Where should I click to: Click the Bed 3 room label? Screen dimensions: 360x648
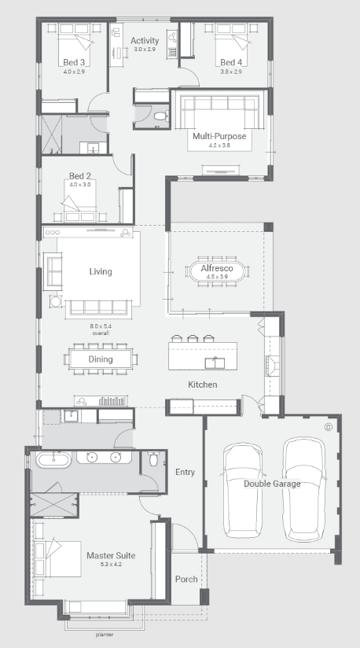[x=74, y=62]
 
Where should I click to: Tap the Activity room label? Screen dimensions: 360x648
[x=145, y=41]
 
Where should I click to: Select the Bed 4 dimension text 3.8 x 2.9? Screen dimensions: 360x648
[x=231, y=72]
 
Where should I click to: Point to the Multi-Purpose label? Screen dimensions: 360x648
[x=219, y=136]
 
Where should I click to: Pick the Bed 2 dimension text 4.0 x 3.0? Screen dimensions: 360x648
[x=79, y=184]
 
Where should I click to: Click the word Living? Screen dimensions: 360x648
[x=101, y=271]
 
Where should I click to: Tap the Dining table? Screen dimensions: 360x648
[x=101, y=359]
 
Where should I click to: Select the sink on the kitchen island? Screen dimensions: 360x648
[x=215, y=363]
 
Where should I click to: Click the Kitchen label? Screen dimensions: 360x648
[x=202, y=385]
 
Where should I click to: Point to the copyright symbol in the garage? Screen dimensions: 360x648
[x=329, y=427]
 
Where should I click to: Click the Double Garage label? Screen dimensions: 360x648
[x=272, y=484]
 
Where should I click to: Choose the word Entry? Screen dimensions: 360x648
[x=185, y=472]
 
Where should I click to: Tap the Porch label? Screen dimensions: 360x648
[x=186, y=579]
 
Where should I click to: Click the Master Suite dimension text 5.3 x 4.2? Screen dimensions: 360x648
[x=111, y=564]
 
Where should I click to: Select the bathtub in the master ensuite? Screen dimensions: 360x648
[x=53, y=459]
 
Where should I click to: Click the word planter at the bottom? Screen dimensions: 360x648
[x=105, y=635]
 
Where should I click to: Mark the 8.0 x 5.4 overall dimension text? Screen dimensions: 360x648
[x=101, y=330]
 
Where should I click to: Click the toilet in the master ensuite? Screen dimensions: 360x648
[x=153, y=458]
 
